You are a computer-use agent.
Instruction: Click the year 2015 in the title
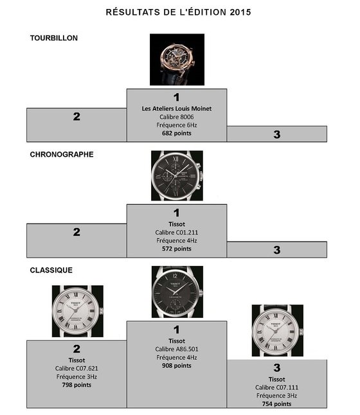tap(240, 12)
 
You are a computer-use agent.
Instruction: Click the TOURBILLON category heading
tap(54, 38)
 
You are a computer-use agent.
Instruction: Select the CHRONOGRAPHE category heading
tap(62, 155)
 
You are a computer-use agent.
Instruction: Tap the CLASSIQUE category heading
tap(51, 270)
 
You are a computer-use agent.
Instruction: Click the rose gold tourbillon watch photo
tap(177, 60)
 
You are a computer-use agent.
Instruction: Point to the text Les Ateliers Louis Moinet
tap(177, 109)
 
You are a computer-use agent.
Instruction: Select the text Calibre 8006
tap(177, 117)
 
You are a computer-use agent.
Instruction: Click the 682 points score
tap(177, 133)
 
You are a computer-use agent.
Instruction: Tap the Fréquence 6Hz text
tap(177, 125)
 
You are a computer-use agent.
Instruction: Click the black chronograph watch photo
tap(177, 176)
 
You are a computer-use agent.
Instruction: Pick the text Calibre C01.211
tap(177, 233)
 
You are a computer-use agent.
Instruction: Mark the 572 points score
tap(177, 249)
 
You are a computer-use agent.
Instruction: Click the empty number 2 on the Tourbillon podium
tap(76, 116)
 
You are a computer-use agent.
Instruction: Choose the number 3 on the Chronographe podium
tap(277, 250)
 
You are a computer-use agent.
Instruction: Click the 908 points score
tap(177, 366)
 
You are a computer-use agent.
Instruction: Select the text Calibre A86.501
tap(177, 349)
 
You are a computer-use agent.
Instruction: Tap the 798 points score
tap(76, 385)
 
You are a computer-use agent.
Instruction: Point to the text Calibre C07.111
tap(277, 387)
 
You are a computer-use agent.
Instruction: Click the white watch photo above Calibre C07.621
tap(78, 311)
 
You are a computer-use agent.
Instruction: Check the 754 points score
tap(277, 404)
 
